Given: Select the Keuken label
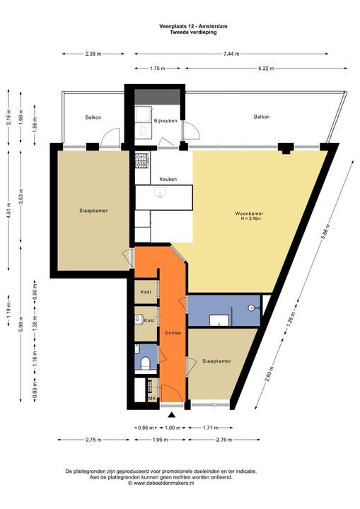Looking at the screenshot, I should tap(168, 179).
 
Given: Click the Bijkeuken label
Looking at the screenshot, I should tap(166, 121).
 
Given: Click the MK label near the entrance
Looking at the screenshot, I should tap(151, 399).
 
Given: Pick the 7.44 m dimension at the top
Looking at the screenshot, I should tap(231, 54).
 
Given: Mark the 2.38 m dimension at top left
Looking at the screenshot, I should tap(93, 54).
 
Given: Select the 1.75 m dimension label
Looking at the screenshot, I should tap(157, 69).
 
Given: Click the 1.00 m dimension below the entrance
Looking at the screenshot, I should tap(172, 427).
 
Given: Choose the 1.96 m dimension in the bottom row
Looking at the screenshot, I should tap(161, 440).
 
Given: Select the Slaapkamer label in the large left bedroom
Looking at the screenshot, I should tap(93, 210).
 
